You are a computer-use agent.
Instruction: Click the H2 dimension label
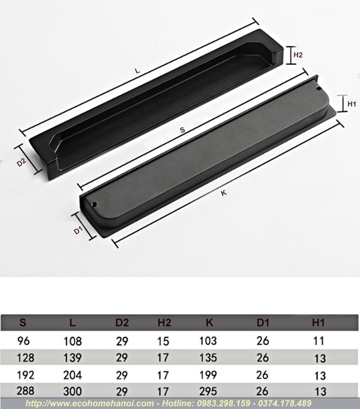pyautogui.click(x=298, y=55)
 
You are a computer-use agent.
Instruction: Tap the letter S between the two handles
pyautogui.click(x=182, y=130)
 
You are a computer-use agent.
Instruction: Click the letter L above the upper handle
pyautogui.click(x=138, y=71)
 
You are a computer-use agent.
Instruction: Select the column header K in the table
pyautogui.click(x=209, y=323)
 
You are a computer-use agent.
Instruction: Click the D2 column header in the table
pyautogui.click(x=122, y=323)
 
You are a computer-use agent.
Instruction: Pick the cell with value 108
pyautogui.click(x=72, y=341)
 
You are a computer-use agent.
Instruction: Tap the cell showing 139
pyautogui.click(x=72, y=358)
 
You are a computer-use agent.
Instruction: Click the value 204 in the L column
pyautogui.click(x=72, y=375)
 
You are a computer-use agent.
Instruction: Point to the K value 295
pyautogui.click(x=208, y=391)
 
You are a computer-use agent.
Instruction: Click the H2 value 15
pyautogui.click(x=164, y=341)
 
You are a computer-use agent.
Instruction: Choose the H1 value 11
pyautogui.click(x=319, y=341)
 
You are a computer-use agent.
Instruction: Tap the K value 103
pyautogui.click(x=208, y=341)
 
